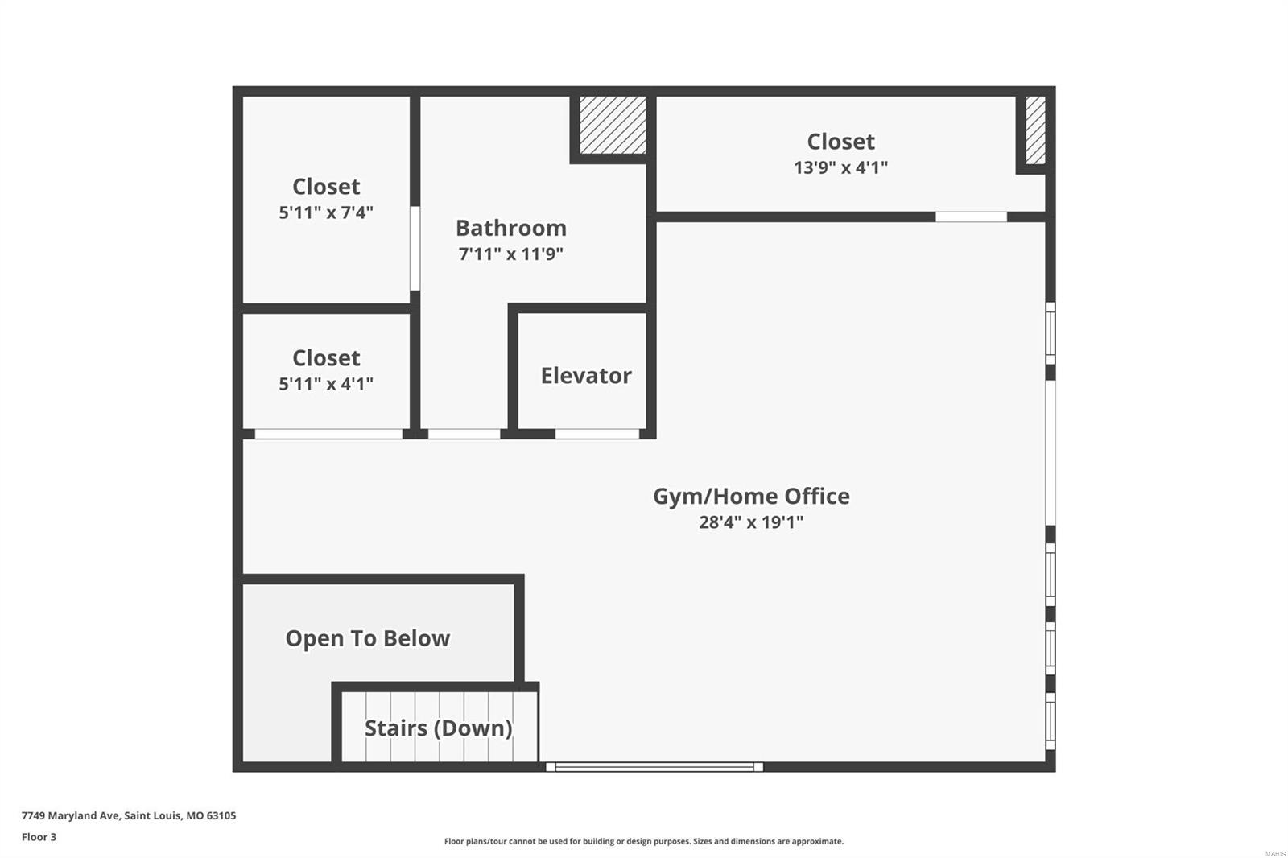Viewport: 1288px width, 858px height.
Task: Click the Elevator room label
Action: pyautogui.click(x=585, y=375)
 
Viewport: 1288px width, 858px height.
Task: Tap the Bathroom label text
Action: pyautogui.click(x=510, y=228)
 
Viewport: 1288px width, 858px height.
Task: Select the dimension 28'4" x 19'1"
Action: pyautogui.click(x=750, y=522)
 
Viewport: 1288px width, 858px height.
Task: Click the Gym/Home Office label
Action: pyautogui.click(x=750, y=496)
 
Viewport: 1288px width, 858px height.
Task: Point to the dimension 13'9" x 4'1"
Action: pyautogui.click(x=840, y=167)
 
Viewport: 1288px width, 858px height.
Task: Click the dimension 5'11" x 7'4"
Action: pyautogui.click(x=326, y=212)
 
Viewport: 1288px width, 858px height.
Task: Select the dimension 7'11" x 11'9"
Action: pyautogui.click(x=510, y=254)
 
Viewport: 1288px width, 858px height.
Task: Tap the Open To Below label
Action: pyautogui.click(x=367, y=638)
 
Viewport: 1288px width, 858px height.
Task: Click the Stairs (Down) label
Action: pyautogui.click(x=438, y=728)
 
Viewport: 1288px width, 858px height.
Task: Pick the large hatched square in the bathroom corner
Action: pyautogui.click(x=613, y=125)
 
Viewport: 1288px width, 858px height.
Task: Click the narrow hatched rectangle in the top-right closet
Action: pyautogui.click(x=1035, y=130)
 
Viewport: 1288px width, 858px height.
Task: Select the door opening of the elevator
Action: pyautogui.click(x=597, y=434)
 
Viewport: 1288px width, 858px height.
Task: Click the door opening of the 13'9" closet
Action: pyautogui.click(x=971, y=217)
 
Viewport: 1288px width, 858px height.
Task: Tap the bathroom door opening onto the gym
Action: pyautogui.click(x=464, y=434)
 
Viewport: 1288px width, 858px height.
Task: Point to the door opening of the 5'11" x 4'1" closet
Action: pyautogui.click(x=328, y=434)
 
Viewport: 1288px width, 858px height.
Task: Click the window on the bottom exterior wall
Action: pyautogui.click(x=654, y=767)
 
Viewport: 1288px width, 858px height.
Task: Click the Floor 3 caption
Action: pyautogui.click(x=39, y=837)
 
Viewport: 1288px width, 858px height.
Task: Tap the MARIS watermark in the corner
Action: pyautogui.click(x=1274, y=853)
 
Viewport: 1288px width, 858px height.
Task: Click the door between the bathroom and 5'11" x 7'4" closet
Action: pyautogui.click(x=415, y=248)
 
